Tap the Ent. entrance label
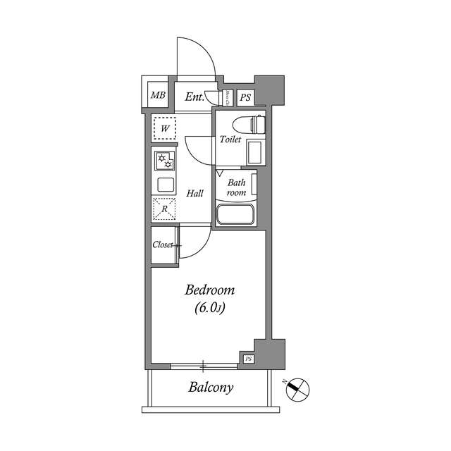[194, 97]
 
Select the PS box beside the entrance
[245, 97]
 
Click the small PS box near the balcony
[248, 359]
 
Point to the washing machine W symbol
[164, 128]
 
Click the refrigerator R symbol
[164, 209]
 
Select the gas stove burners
[165, 161]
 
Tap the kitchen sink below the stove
[165, 185]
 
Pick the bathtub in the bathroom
[235, 215]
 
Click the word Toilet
[230, 140]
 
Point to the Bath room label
[235, 187]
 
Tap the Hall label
[195, 193]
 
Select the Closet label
[163, 246]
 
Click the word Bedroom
[209, 290]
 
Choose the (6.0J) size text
[209, 308]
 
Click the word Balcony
[211, 388]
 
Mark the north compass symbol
[298, 388]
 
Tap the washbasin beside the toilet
[255, 152]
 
